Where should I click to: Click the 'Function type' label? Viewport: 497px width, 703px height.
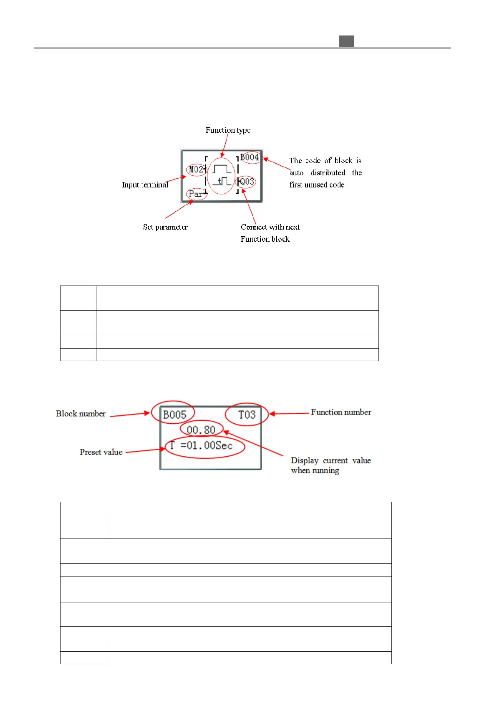point(228,130)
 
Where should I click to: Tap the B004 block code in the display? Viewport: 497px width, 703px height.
point(250,157)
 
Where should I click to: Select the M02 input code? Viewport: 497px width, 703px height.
point(196,169)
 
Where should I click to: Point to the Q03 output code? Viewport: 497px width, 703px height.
point(247,182)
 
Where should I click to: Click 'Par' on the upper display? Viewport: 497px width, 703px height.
point(196,194)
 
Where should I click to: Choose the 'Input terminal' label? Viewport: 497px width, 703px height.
point(145,185)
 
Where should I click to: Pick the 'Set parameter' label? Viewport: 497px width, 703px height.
point(165,227)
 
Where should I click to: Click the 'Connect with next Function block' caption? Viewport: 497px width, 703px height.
point(270,233)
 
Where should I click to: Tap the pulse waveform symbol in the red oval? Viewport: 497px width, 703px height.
point(221,175)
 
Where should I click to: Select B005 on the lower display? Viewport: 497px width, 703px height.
point(174,415)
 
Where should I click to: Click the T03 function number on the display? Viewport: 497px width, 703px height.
point(247,415)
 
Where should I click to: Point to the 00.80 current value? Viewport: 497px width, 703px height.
point(201,430)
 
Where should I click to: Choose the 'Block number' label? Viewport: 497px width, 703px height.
point(81,414)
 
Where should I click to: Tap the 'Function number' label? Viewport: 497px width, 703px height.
point(341,412)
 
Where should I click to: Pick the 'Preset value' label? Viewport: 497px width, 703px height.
point(101,452)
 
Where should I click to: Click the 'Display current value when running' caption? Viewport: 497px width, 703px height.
point(330,465)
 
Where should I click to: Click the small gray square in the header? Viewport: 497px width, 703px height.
point(346,41)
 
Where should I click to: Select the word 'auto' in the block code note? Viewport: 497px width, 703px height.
point(296,173)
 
